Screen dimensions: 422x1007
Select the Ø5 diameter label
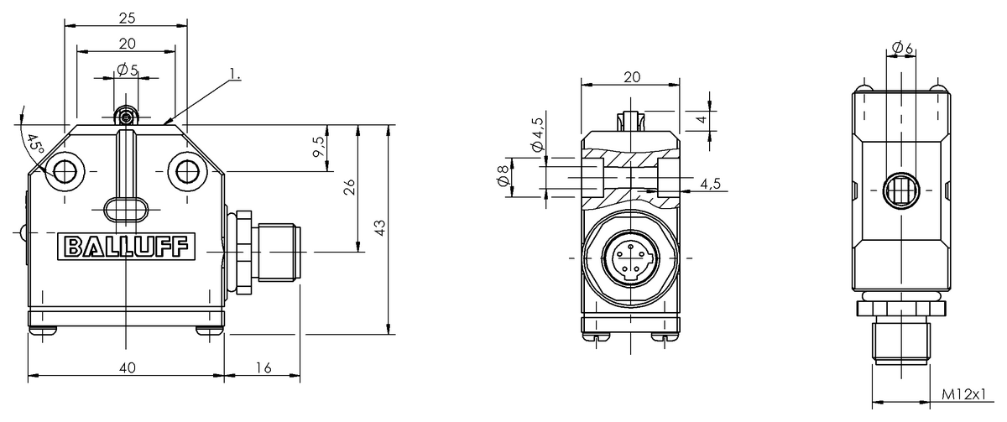pos(128,70)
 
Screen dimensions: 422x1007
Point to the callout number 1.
pos(235,76)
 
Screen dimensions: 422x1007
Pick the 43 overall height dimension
pos(379,228)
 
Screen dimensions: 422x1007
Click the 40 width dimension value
pos(127,367)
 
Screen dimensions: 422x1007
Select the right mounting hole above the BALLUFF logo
pos(185,173)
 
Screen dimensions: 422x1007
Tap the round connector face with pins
pos(630,257)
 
